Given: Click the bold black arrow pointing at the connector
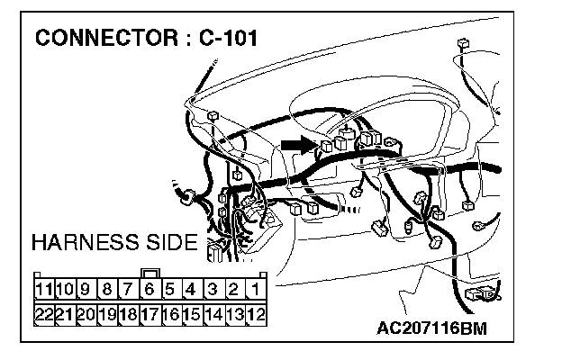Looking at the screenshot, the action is pos(295,143).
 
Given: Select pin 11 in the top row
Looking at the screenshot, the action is pos(44,290).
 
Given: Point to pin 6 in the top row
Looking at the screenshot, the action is pos(150,290).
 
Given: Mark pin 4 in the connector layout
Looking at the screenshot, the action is pos(191,290).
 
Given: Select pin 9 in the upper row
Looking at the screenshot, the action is pos(86,290).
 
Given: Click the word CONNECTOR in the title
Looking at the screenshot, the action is pos(104,39).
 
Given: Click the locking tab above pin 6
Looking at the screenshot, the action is pos(150,272).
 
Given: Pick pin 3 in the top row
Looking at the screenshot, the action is pos(213,290).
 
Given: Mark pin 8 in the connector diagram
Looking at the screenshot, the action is pos(107,290).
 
